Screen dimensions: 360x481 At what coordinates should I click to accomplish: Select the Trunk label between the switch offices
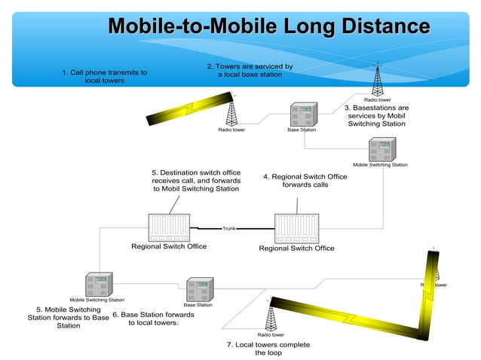click(x=229, y=227)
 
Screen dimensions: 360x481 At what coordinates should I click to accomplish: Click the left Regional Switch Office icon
click(x=169, y=227)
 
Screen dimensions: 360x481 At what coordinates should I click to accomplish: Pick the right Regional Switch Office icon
click(x=296, y=227)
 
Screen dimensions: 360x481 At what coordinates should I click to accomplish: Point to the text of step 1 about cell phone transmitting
click(x=104, y=76)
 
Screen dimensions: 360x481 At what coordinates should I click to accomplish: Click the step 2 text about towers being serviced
click(x=250, y=71)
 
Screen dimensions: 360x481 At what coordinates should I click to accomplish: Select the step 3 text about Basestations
click(x=376, y=116)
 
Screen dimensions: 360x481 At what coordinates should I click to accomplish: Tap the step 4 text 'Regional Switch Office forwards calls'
click(x=305, y=181)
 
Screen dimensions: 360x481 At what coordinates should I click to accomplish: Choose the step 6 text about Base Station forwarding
click(x=153, y=319)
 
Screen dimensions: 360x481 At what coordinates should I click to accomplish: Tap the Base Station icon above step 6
click(x=199, y=289)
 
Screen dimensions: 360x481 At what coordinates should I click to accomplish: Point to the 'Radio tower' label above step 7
click(x=271, y=334)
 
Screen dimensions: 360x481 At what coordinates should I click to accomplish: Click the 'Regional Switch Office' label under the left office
click(x=169, y=246)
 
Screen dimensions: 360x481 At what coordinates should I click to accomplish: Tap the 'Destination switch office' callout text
click(x=196, y=181)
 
